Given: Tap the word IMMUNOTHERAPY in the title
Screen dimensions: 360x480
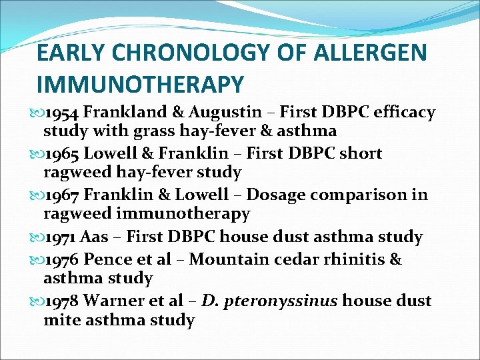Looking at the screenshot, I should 140,84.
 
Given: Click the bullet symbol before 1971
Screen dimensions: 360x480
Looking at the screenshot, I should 37,237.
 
